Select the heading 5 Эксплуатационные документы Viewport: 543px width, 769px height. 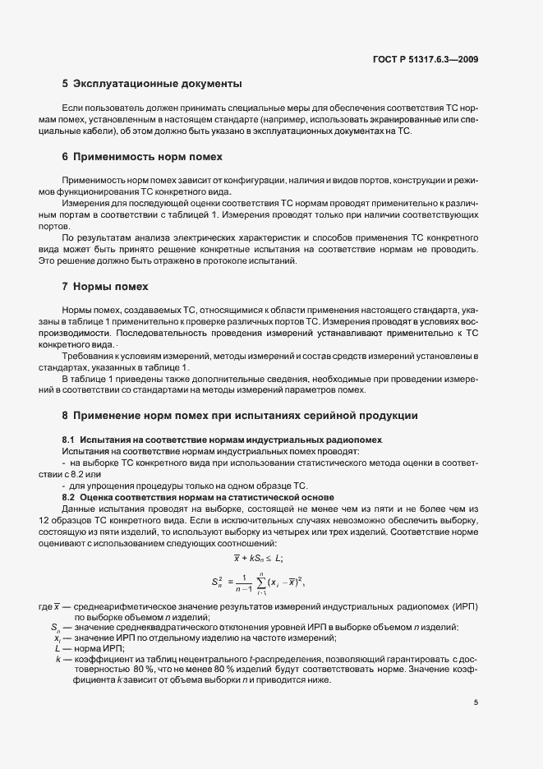point(151,83)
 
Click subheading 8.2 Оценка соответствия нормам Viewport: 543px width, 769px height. point(198,497)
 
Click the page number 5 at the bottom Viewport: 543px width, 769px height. point(476,702)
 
